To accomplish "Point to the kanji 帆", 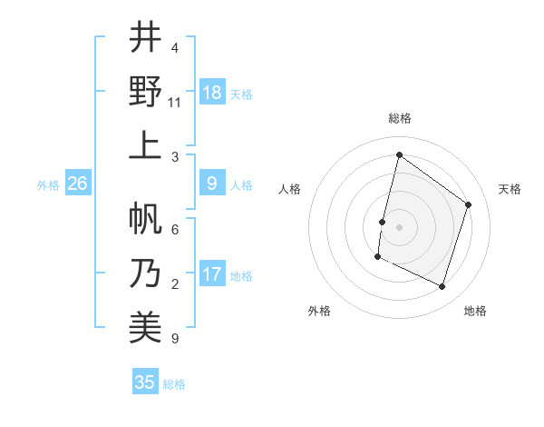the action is coord(145,219).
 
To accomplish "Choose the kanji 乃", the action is coord(145,273).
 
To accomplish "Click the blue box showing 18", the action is coord(212,93).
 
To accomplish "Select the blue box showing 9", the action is coord(212,184).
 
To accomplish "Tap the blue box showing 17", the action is coord(212,274).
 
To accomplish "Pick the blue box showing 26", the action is coord(78,184).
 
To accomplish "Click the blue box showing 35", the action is coord(145,382).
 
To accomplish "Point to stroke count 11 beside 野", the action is coord(175,103).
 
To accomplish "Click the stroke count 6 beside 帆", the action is coord(175,230).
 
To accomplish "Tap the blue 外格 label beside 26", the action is coord(48,185).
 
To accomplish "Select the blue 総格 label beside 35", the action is coord(175,383).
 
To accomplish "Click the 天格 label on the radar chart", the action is coord(510,189).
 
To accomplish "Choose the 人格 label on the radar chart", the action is coord(290,189).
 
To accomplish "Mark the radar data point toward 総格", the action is coord(399,155).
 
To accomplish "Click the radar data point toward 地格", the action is coord(442,287).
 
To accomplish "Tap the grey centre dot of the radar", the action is coord(399,226).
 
